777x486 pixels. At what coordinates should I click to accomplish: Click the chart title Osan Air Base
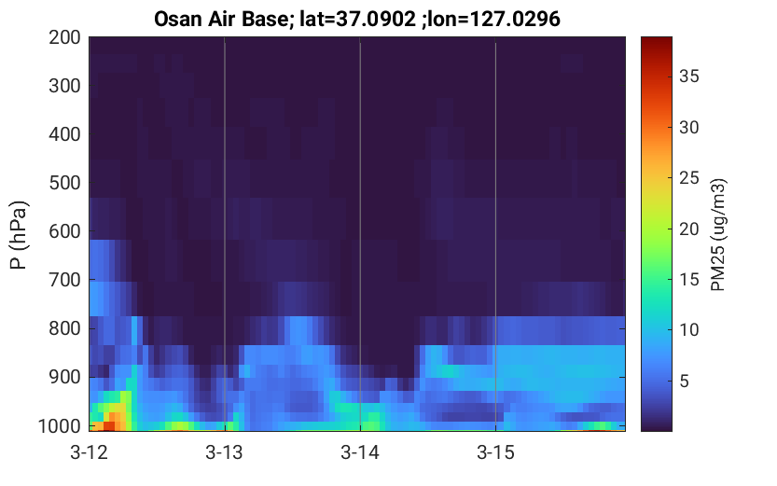(220, 19)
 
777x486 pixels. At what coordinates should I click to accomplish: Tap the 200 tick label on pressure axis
(64, 37)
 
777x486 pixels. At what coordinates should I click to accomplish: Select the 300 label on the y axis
(64, 86)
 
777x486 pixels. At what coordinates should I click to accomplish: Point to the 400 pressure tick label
(64, 134)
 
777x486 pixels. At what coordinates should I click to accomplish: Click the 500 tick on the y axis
(64, 183)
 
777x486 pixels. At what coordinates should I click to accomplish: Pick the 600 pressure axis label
(64, 231)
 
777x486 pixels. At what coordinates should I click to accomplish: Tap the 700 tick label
(64, 280)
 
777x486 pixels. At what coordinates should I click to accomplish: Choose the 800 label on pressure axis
(64, 328)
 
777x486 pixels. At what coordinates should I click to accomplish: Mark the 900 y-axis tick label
(64, 377)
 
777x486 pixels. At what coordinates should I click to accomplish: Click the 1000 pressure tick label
(60, 425)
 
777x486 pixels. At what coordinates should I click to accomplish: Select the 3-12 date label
(90, 452)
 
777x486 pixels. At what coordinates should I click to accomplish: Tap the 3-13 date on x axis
(225, 452)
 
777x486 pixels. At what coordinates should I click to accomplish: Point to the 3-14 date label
(360, 452)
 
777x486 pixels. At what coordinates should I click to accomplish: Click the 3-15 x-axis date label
(495, 452)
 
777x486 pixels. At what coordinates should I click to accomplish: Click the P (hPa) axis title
(19, 235)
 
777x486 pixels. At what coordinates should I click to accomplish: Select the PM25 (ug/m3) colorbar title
(718, 234)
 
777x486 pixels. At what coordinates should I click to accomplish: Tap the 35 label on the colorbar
(688, 76)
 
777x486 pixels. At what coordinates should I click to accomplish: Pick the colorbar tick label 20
(688, 229)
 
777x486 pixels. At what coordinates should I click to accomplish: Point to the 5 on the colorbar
(685, 381)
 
